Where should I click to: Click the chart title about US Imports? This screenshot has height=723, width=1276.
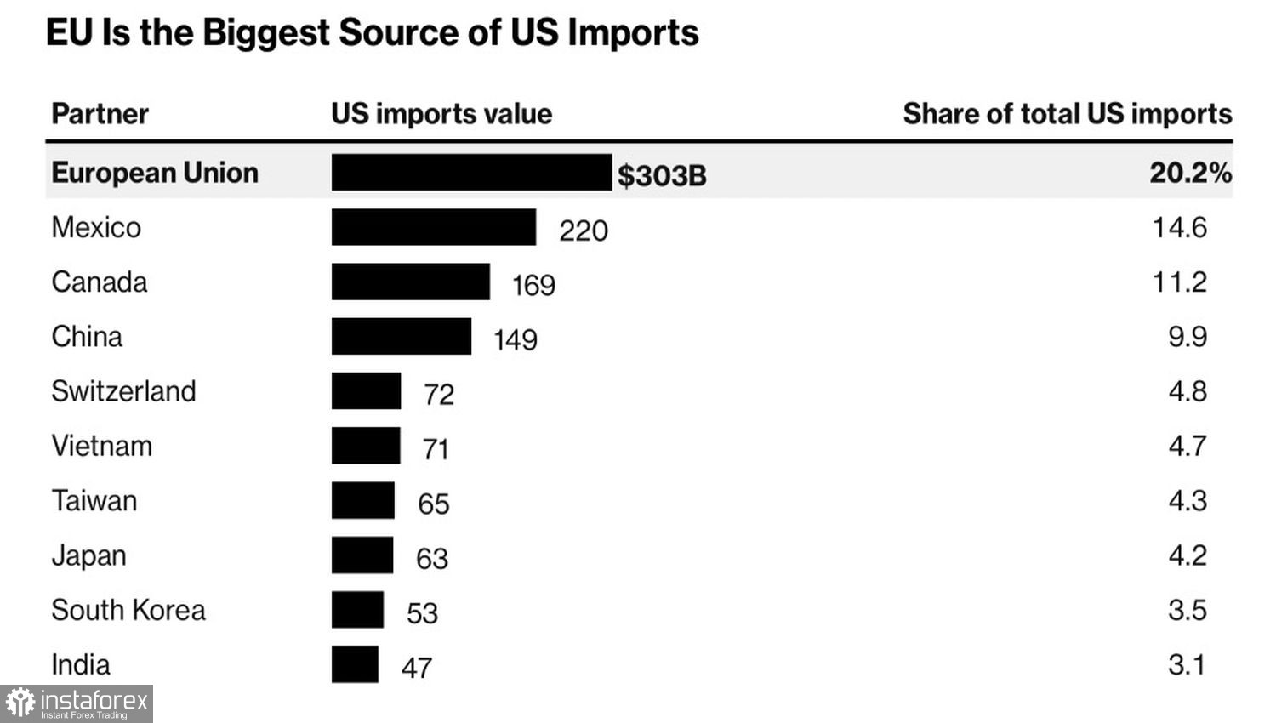(x=372, y=33)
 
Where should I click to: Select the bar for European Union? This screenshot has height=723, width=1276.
(x=471, y=172)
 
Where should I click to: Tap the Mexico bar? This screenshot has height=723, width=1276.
(x=434, y=227)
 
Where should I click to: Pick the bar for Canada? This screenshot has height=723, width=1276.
(x=410, y=282)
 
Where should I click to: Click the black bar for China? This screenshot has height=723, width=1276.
(x=401, y=336)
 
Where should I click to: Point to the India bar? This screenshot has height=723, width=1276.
(x=355, y=664)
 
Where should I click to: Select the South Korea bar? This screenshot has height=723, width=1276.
(x=357, y=610)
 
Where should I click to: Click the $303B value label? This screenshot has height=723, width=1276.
(x=662, y=175)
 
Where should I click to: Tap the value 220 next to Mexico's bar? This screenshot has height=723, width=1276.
(x=584, y=231)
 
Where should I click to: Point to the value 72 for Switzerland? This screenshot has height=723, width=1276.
(x=439, y=395)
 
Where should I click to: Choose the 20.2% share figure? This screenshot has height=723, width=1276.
(x=1190, y=173)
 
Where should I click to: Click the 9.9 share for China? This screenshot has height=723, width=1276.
(x=1188, y=337)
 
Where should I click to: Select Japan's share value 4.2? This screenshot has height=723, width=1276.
(x=1188, y=555)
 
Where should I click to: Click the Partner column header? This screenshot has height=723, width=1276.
(x=100, y=114)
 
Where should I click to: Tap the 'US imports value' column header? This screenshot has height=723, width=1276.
(x=441, y=114)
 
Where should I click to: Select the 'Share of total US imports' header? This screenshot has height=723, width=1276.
(x=1067, y=114)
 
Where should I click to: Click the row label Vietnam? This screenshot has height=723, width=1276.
(x=101, y=446)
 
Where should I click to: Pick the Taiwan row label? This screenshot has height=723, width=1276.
(x=94, y=501)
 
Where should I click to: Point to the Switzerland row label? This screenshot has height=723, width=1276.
(x=123, y=391)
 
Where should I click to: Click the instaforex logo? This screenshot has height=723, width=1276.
(x=77, y=703)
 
